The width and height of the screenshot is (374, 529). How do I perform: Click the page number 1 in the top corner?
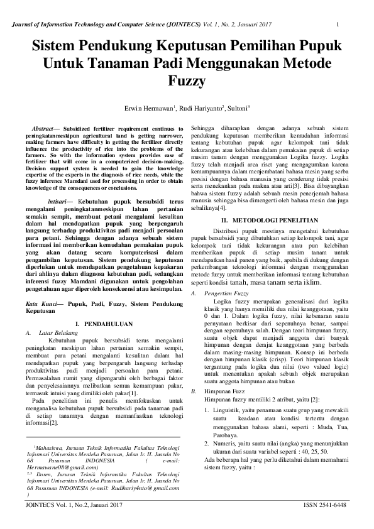click(338, 25)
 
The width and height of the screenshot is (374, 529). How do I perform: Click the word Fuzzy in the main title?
click(186, 81)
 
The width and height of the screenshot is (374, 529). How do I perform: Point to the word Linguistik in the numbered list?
click(223, 394)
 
